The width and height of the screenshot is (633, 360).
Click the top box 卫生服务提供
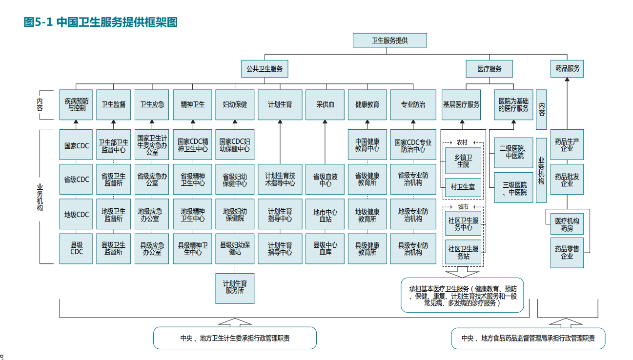pos(389,40)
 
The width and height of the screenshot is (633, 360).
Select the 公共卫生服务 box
pos(265,69)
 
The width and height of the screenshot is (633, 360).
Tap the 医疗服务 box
pos(489,69)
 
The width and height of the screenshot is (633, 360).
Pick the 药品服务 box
pos(567,69)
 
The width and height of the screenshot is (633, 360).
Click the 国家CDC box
pos(76,145)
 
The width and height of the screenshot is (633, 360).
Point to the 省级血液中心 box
pos(325,180)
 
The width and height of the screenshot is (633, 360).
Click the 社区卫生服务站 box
pos(463,252)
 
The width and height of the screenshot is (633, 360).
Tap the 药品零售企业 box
pos(567,252)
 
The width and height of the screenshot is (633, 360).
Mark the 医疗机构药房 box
pos(567,224)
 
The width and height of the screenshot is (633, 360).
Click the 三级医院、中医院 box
pos(514,188)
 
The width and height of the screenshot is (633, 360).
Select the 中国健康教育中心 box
pos(367,145)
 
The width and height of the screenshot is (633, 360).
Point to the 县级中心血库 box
pos(325,249)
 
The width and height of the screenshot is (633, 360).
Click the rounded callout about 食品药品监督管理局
pos(528,338)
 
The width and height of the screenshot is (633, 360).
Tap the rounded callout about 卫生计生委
pos(235,338)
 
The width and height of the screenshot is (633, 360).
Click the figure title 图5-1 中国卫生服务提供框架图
pos(100,22)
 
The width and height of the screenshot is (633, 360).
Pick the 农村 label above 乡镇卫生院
pos(462,142)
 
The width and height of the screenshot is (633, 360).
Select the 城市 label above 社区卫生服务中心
pos(462,207)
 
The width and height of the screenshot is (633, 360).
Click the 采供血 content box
pos(325,104)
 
